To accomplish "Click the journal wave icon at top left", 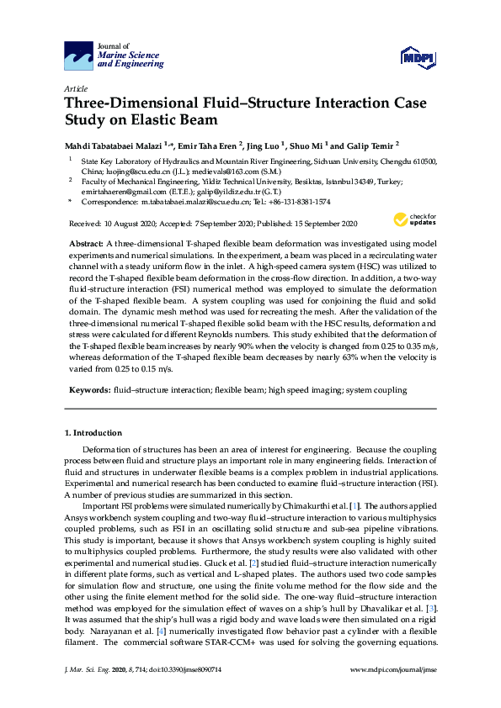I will [80, 56].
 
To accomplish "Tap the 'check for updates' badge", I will [413, 221].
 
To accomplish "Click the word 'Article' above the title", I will [76, 88].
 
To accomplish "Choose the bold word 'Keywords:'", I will [88, 390].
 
